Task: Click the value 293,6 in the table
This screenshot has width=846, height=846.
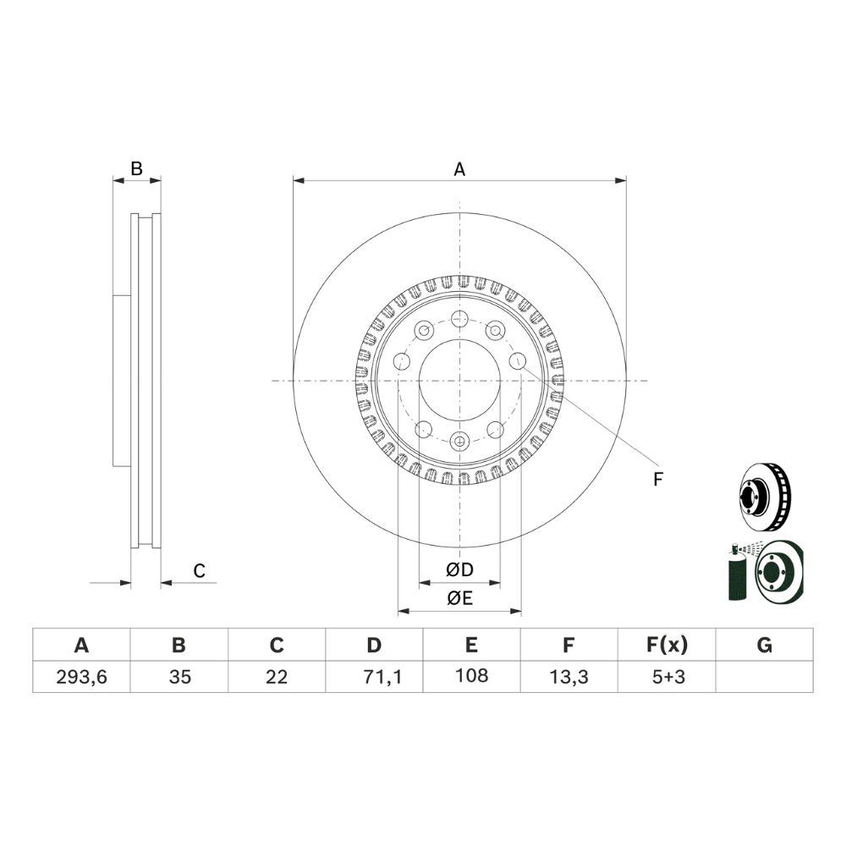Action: coord(81,677)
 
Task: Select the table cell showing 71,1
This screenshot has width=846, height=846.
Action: coord(382,677)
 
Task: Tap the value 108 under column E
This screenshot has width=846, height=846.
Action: coord(471,675)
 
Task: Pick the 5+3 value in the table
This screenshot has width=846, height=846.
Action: coord(668,677)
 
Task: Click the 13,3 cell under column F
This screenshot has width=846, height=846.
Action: coord(569,677)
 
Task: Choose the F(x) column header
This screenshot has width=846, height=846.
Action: coord(667,645)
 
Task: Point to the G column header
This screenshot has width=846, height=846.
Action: coord(764,645)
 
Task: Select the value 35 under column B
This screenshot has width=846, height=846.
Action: coord(179,677)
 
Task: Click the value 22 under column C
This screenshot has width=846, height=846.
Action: coord(277,677)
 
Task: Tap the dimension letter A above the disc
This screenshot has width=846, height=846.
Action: coord(459,169)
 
